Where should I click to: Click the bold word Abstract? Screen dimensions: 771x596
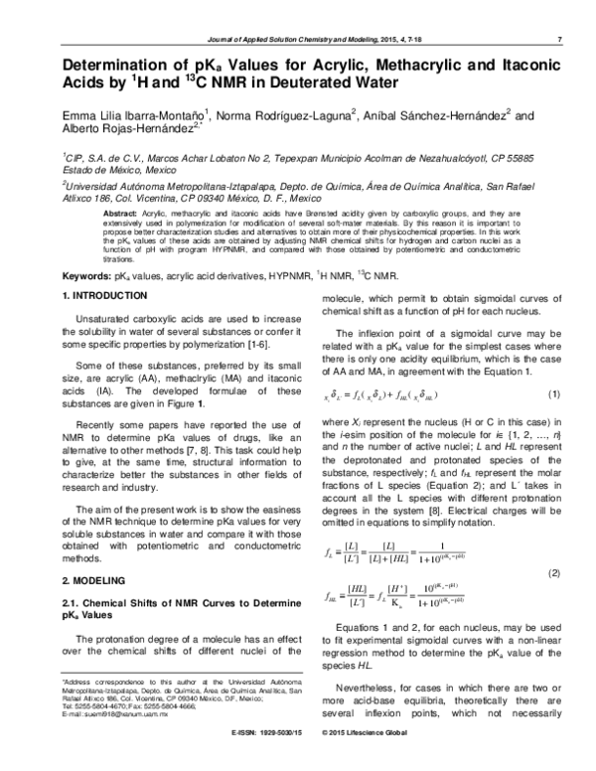tap(120, 215)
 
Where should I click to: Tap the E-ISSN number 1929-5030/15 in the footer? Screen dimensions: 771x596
tap(263, 762)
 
